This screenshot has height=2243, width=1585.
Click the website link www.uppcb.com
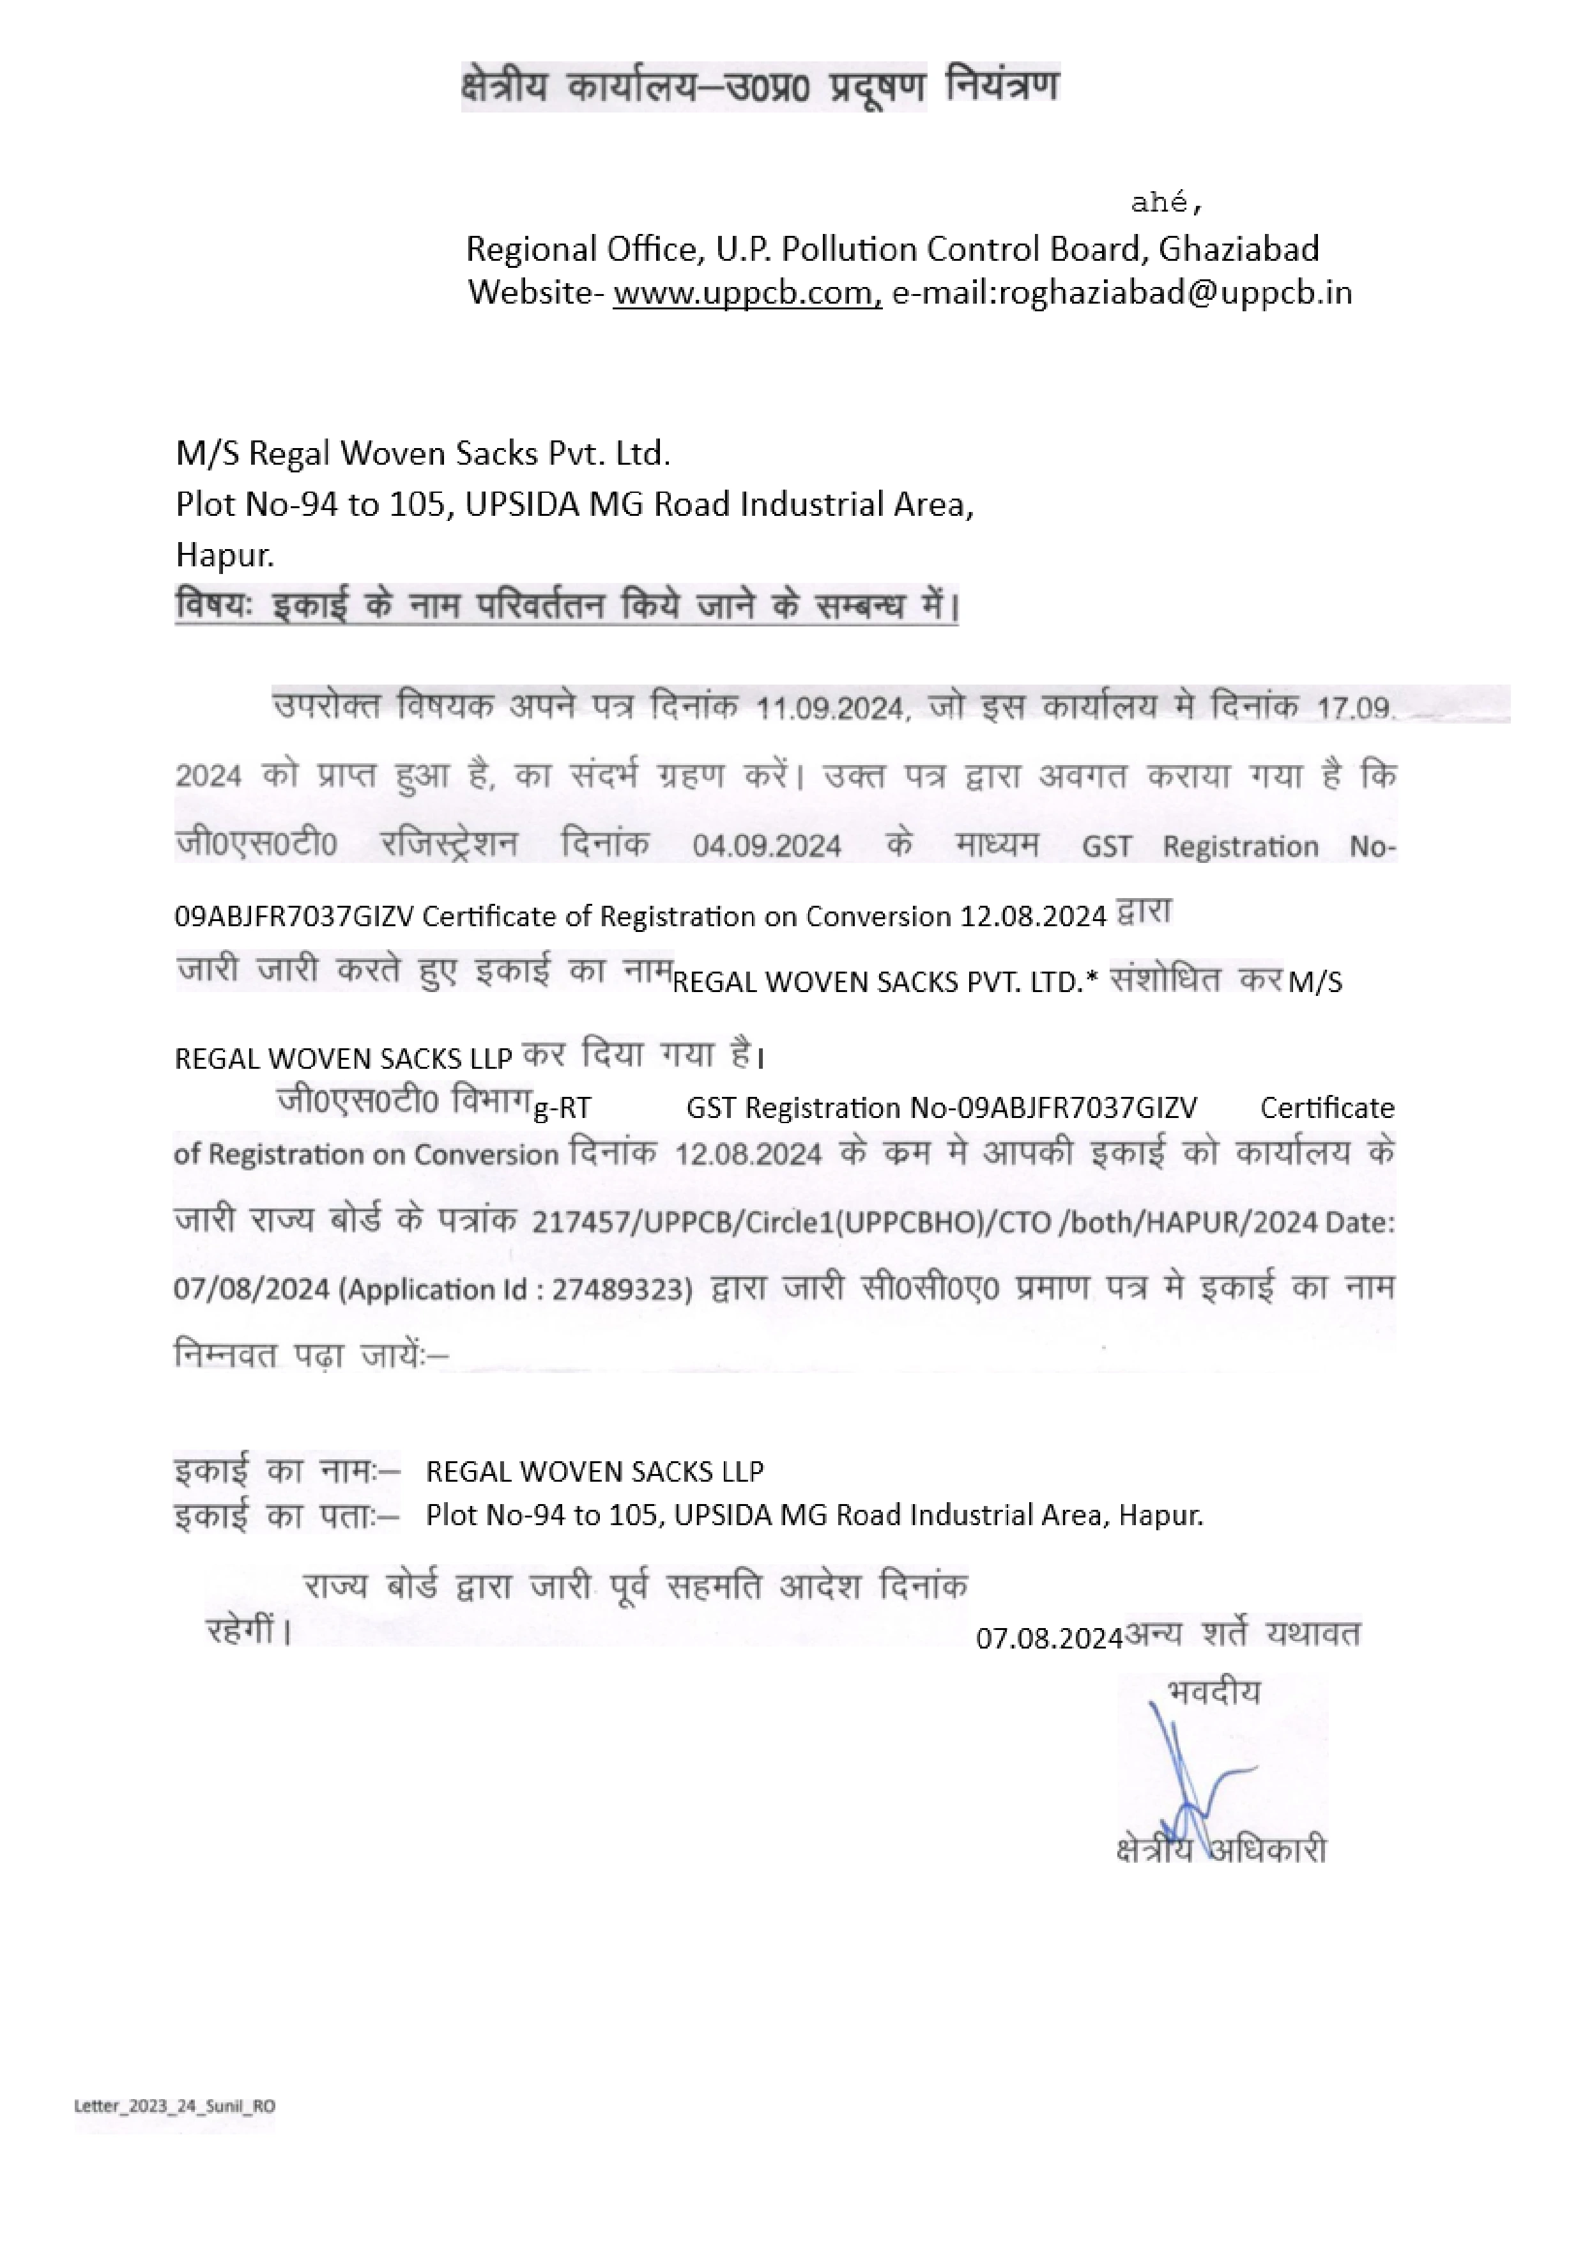pos(747,292)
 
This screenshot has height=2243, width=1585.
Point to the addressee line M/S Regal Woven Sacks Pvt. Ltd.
pos(423,453)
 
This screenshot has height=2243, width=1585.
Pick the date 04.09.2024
pos(767,846)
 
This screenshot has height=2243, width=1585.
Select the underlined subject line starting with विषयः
pos(567,607)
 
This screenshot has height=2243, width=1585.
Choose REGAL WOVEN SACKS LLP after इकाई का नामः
pos(595,1471)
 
